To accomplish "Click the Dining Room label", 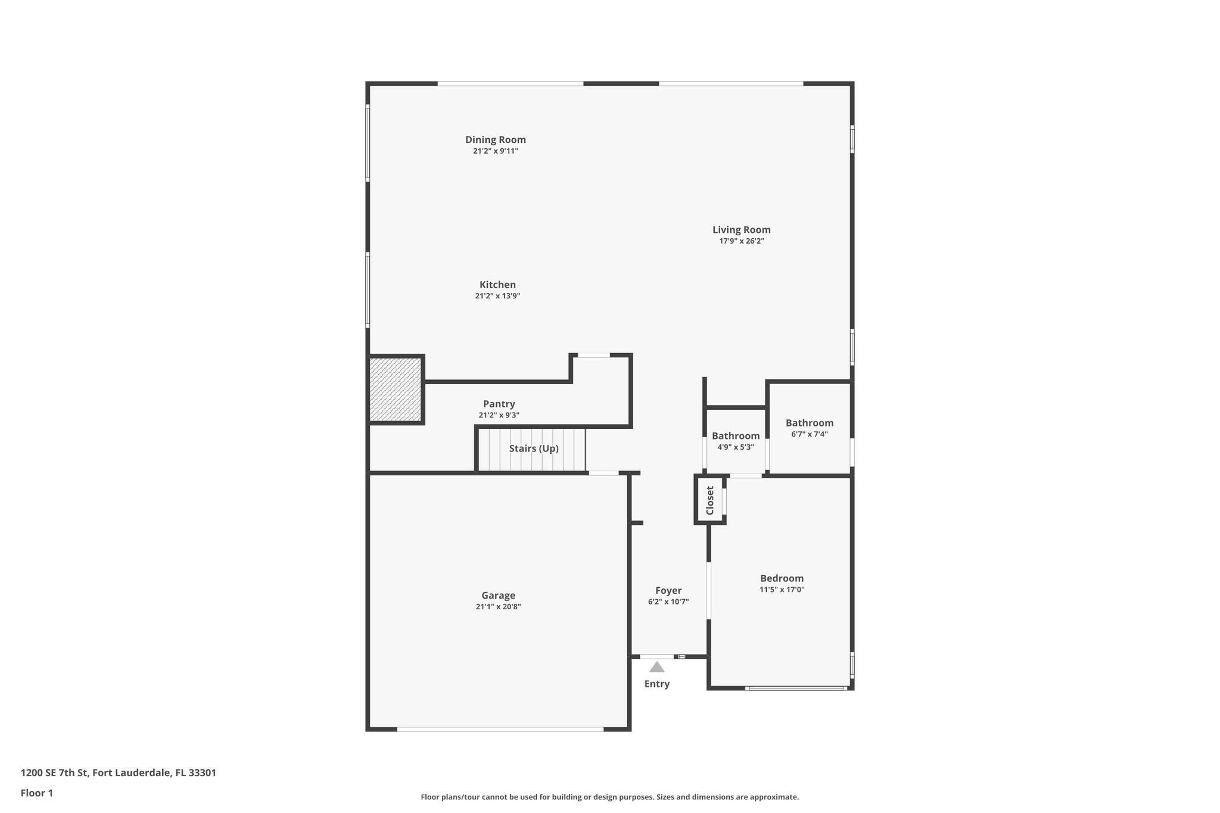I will [495, 139].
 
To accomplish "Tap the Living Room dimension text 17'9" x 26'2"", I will [741, 241].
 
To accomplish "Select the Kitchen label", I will [497, 285].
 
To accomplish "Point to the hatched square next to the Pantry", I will [396, 390].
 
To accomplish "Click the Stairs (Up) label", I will [534, 448].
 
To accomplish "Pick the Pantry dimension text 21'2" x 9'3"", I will [499, 415].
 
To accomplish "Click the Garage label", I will [498, 595].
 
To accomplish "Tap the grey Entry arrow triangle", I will [656, 667].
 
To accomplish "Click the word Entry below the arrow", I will [656, 684].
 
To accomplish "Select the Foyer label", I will [668, 590].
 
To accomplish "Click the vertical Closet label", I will [709, 500].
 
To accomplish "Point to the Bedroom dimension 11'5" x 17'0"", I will [782, 590].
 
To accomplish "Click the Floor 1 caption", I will [37, 793].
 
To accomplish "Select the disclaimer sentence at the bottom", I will [609, 797].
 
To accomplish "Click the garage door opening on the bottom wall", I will [500, 729].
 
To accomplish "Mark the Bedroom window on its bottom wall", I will [796, 688].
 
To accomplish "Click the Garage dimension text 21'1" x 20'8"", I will [498, 607].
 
